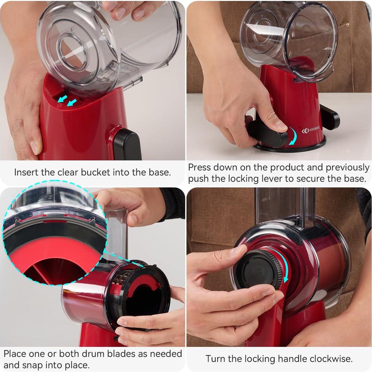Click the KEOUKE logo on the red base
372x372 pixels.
pyautogui.click(x=310, y=130)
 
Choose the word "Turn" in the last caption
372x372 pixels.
pyautogui.click(x=215, y=359)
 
